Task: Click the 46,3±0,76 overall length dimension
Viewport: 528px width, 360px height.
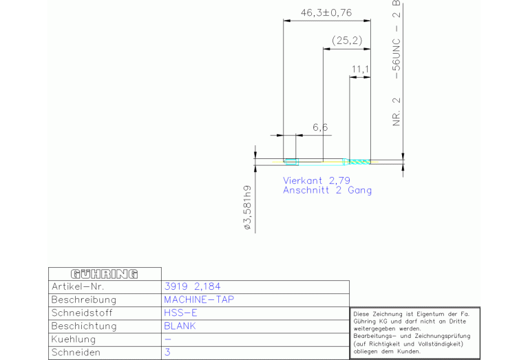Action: (326, 13)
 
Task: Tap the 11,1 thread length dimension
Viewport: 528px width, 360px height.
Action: (360, 70)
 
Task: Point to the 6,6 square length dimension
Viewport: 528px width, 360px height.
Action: (320, 127)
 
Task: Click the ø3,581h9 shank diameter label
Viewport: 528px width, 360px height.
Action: (248, 207)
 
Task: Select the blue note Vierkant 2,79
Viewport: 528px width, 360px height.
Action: (317, 180)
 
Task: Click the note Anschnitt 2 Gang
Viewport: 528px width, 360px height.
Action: (327, 190)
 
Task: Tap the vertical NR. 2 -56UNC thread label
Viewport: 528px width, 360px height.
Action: (397, 63)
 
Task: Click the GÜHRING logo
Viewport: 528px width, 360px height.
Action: (105, 274)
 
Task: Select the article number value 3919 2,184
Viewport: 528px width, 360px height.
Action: (192, 286)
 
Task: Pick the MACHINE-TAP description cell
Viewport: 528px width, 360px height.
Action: (199, 299)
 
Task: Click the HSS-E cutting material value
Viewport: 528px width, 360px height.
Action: (180, 313)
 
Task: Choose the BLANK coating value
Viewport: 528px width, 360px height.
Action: (180, 326)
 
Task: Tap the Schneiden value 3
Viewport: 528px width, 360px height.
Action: (167, 352)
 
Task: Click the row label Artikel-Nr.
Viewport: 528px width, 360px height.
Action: (78, 286)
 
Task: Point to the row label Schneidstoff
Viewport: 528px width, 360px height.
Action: (82, 313)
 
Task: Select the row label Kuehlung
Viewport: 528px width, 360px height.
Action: (74, 339)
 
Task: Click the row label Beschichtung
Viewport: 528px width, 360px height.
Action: (84, 326)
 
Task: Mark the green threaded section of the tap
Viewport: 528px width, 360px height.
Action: (359, 162)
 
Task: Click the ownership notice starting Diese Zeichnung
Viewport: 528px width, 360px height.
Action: (412, 332)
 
